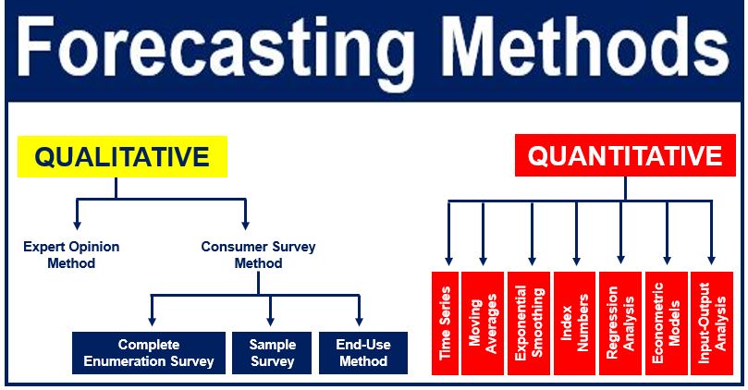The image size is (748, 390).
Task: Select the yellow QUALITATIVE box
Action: point(122,156)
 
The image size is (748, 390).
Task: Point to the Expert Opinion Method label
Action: point(72,255)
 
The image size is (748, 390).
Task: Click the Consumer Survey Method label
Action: point(258,255)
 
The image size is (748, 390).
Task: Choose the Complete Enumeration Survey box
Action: point(148,353)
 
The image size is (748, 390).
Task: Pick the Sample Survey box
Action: point(271,353)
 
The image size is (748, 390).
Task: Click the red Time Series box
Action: point(445,323)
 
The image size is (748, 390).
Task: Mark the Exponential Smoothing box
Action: point(530,323)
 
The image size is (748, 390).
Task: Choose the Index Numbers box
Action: point(575,323)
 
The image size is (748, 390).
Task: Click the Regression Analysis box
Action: point(620,323)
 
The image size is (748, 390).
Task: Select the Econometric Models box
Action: point(666,323)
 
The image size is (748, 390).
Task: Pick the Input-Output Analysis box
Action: point(711,323)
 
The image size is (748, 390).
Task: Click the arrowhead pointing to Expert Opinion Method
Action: point(77,224)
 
